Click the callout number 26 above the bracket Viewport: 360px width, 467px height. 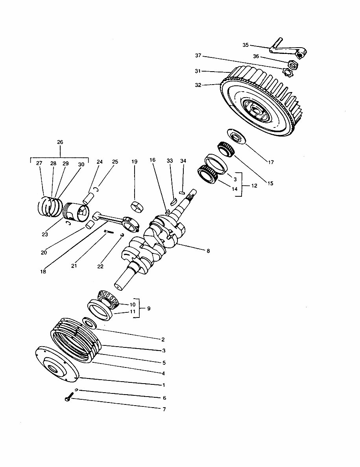(60, 142)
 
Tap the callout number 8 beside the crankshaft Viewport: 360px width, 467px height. (208, 251)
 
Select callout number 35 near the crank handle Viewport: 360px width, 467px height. (246, 45)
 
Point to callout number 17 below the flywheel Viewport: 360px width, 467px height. (271, 162)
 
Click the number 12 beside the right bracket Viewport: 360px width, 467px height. (254, 185)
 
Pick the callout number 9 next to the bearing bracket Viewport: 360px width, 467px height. (148, 309)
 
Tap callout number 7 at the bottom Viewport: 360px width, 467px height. (164, 410)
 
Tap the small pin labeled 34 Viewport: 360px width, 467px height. (182, 193)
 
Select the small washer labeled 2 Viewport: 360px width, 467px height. (90, 323)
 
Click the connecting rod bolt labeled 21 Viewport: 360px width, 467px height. (109, 232)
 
